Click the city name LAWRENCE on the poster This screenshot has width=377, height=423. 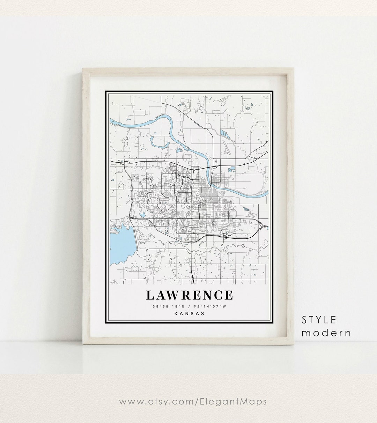(x=189, y=295)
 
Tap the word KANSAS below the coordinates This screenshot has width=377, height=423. (x=189, y=313)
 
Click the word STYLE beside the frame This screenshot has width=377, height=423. (x=319, y=320)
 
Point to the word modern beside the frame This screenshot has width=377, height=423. (x=326, y=333)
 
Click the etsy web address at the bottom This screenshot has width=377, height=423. (x=193, y=401)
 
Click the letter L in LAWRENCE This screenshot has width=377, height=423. (x=150, y=295)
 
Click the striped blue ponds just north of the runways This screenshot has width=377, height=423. (x=223, y=133)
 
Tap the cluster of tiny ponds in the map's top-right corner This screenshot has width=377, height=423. (x=247, y=108)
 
